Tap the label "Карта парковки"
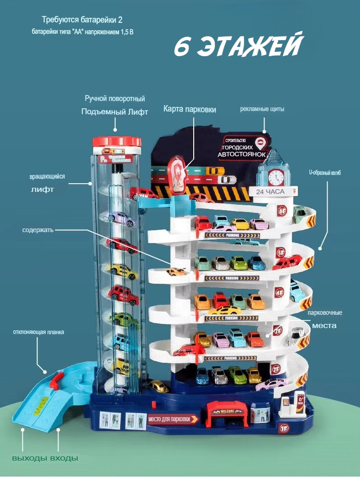pos(190,109)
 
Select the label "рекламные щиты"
pos(262,109)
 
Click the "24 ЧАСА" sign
pos(270,191)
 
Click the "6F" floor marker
pos(282,211)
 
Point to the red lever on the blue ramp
pos(57,380)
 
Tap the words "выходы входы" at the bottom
pos(45,458)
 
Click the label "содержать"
pos(38,230)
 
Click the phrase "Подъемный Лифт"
pos(115,112)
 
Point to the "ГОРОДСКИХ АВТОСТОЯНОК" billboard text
pos(243,152)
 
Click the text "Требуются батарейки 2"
pos(82,20)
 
